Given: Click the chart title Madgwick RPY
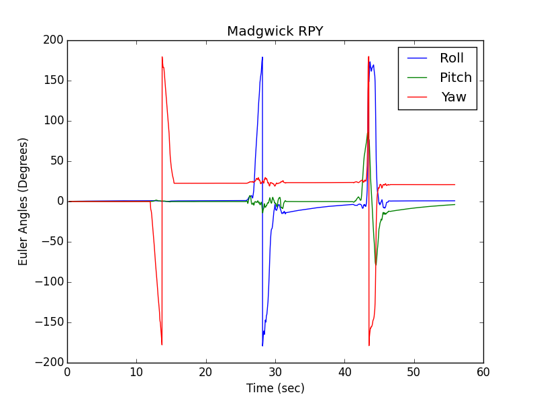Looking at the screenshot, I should coord(275,32).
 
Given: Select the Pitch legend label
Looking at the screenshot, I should coord(455,77).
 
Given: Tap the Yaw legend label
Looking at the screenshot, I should coord(454,97).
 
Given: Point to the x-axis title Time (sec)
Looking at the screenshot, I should coord(275,388).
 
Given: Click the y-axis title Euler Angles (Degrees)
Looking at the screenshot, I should coord(23,201).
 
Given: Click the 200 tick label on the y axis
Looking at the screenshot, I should coord(52,40).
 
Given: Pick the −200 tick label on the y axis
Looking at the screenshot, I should coord(49,363).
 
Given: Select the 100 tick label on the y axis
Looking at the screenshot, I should coord(52,121).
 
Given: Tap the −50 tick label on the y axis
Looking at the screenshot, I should coord(52,242).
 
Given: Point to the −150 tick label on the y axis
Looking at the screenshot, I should coord(49,322).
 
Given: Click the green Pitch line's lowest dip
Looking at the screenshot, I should coord(375,265).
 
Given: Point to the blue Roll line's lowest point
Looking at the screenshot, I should coord(262,345).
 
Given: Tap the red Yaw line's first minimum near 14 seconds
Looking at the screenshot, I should coord(162,345).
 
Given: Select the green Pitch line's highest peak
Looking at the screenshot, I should coord(367,133).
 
